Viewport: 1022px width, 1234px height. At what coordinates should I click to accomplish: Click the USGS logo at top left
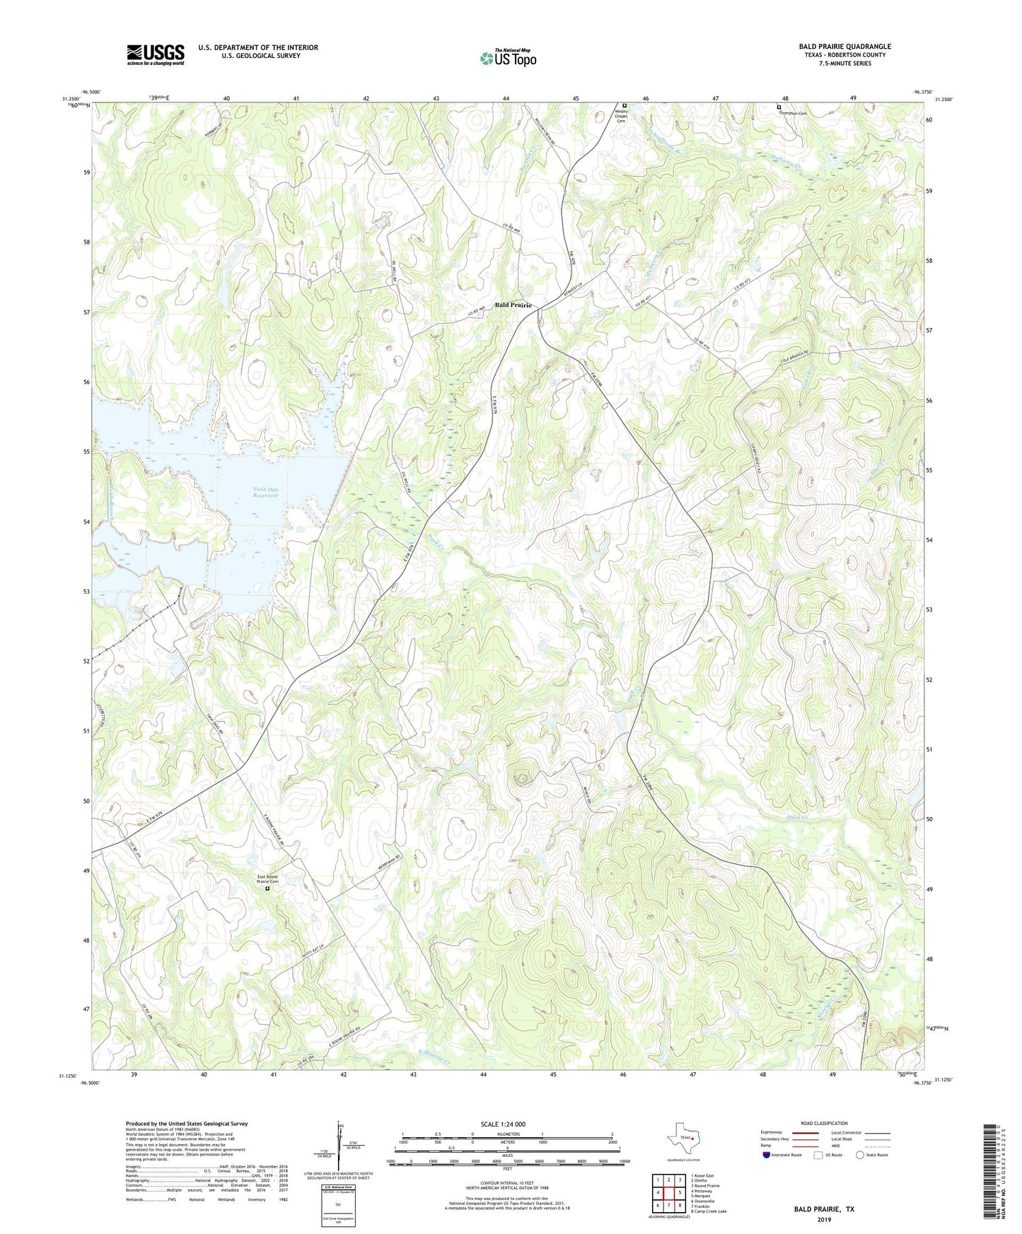click(x=155, y=54)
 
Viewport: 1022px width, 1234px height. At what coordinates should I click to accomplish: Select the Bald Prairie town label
click(x=513, y=305)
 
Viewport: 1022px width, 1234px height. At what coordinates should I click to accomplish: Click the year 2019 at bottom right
click(x=823, y=1219)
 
